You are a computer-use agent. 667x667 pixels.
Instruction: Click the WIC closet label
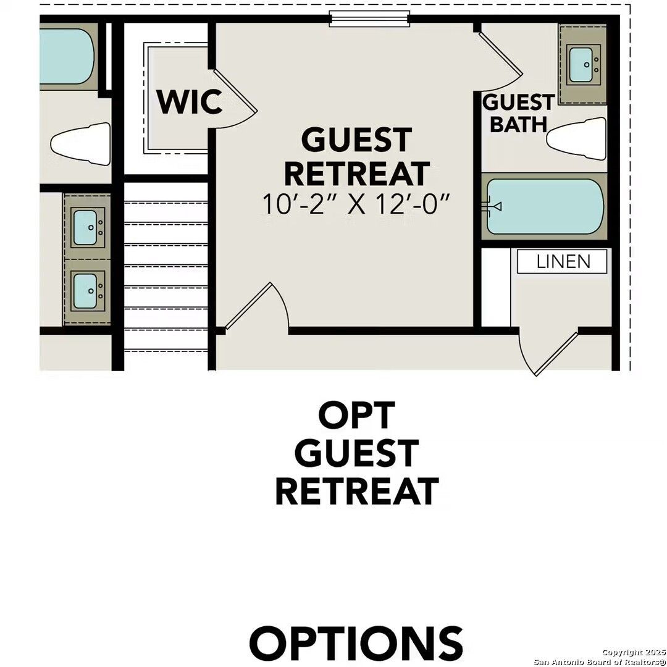tap(190, 102)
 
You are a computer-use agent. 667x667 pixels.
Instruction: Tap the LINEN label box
tap(562, 261)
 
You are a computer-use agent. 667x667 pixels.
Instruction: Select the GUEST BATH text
tap(519, 113)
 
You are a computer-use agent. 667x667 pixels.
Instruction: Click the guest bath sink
tap(584, 65)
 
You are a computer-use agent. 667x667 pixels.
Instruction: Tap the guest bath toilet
tap(576, 139)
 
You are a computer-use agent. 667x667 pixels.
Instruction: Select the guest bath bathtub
tap(545, 207)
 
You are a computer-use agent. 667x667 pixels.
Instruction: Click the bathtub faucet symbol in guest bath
tap(493, 207)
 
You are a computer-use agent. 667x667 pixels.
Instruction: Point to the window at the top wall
tap(369, 19)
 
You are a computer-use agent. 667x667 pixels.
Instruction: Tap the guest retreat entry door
tap(255, 307)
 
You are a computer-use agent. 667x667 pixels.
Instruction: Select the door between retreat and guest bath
tap(500, 58)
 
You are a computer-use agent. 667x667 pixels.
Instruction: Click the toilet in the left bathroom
tap(81, 144)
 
